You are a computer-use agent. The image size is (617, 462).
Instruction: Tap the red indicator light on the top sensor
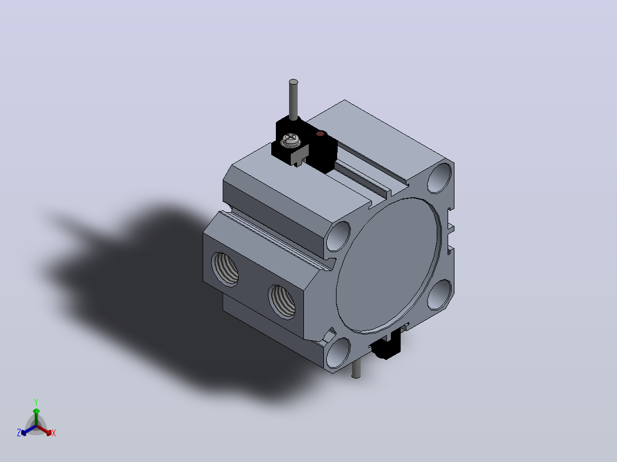coord(321,134)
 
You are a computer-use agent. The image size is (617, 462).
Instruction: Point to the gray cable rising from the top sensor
coord(293,99)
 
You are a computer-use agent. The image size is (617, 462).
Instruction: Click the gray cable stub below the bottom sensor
coord(356,369)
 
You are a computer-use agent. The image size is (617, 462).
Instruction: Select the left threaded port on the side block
coord(225,269)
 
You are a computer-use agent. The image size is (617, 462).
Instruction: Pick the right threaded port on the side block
coord(282,302)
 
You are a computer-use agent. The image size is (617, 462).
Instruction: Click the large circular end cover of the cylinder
coord(388,266)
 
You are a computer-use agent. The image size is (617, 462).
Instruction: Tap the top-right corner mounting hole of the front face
coord(440,178)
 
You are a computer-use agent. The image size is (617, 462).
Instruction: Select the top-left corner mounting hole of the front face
coord(338,236)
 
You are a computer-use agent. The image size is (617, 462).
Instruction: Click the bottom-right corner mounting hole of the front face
coord(440,294)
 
